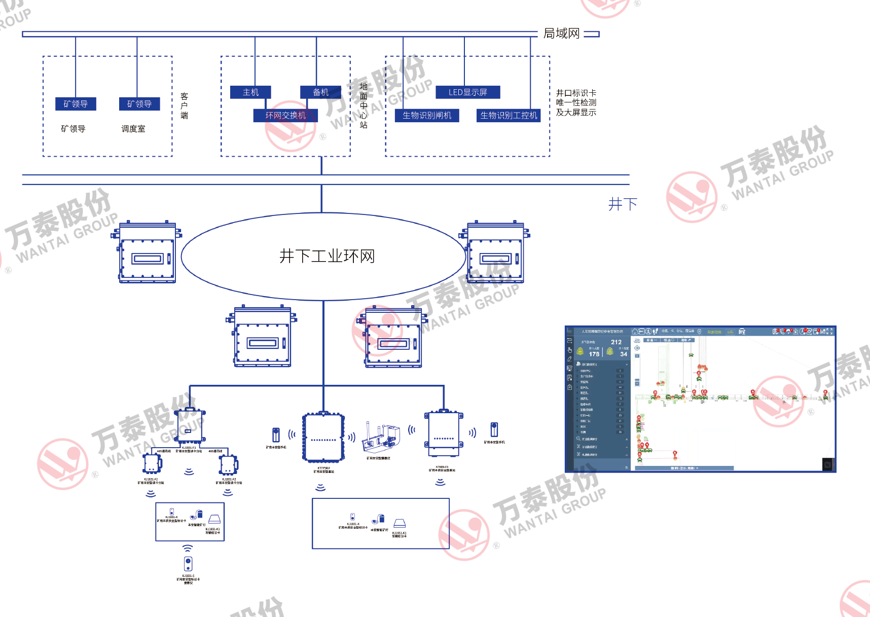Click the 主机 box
coord(250,92)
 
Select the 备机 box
coord(320,92)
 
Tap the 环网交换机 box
coord(285,116)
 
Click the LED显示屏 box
coord(467,92)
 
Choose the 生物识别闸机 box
coord(427,116)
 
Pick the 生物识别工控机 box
coord(509,116)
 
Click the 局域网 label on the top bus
coord(561,33)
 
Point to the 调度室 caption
coord(133,129)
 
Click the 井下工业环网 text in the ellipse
coord(327,256)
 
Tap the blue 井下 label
coord(622,204)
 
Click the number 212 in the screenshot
coord(616,342)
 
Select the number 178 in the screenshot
coord(594,354)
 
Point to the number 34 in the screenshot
coord(624,354)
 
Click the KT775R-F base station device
coord(323,438)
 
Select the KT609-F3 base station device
coord(444,434)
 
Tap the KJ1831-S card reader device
coord(188,563)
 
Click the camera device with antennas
coord(380,439)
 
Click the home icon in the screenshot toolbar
coord(635,332)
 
